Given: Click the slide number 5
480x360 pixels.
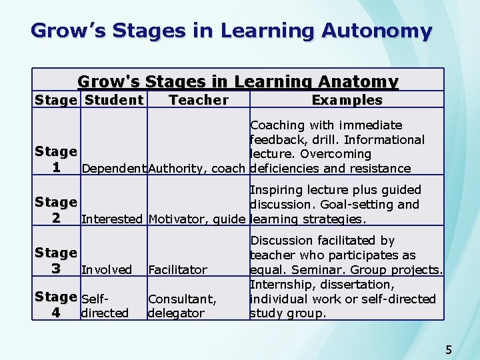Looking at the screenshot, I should coord(449,349).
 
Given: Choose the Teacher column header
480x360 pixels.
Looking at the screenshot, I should coord(199,100).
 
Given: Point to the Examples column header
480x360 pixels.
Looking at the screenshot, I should coord(347,100).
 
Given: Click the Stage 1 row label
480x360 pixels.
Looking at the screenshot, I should coord(56,160).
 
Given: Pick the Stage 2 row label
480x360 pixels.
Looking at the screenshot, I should coord(56,210).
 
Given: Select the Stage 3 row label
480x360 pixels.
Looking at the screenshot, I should coord(56,261).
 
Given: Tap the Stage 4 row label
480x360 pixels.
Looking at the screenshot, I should coord(56,305).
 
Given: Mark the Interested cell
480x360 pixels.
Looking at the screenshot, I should coord(112,219).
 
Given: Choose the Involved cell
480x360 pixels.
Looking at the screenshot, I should coord(106,270).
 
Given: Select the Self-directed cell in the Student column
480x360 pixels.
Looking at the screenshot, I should coord(104,306).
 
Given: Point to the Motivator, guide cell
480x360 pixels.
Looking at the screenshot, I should coord(197,219).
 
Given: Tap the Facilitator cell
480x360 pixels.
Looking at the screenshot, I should coord(177,270).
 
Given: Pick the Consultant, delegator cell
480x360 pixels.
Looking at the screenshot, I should coord(182,306).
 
